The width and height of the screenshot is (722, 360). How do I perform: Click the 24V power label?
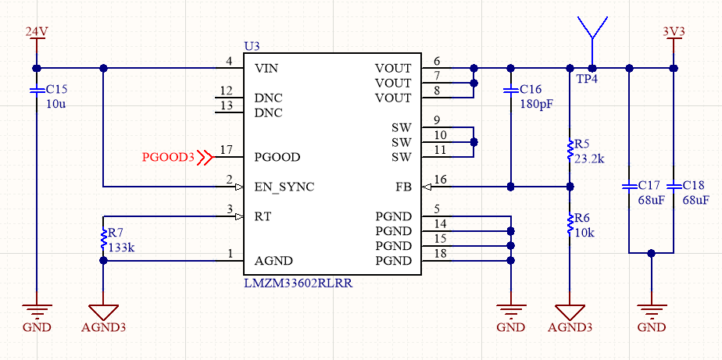pyautogui.click(x=37, y=31)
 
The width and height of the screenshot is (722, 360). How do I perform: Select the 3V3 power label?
pyautogui.click(x=674, y=31)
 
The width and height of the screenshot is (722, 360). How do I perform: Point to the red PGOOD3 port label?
pyautogui.click(x=167, y=157)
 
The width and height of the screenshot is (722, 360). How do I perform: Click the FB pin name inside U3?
pyautogui.click(x=403, y=187)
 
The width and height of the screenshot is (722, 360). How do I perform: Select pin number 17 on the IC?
pyautogui.click(x=227, y=150)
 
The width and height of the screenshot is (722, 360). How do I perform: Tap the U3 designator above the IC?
pyautogui.click(x=252, y=46)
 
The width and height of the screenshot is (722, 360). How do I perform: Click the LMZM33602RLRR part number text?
pyautogui.click(x=298, y=282)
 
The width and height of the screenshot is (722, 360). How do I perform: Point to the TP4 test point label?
pyautogui.click(x=588, y=80)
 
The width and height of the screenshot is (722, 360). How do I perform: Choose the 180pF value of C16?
pyautogui.click(x=536, y=104)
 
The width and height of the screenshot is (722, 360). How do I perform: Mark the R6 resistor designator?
pyautogui.click(x=583, y=218)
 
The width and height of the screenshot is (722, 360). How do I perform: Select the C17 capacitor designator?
pyautogui.click(x=650, y=186)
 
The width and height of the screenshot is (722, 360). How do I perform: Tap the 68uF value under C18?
pyautogui.click(x=695, y=200)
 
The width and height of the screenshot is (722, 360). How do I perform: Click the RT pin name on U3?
pyautogui.click(x=263, y=216)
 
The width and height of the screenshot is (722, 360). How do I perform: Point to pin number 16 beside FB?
pyautogui.click(x=441, y=180)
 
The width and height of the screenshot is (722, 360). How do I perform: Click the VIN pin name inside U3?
pyautogui.click(x=266, y=68)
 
